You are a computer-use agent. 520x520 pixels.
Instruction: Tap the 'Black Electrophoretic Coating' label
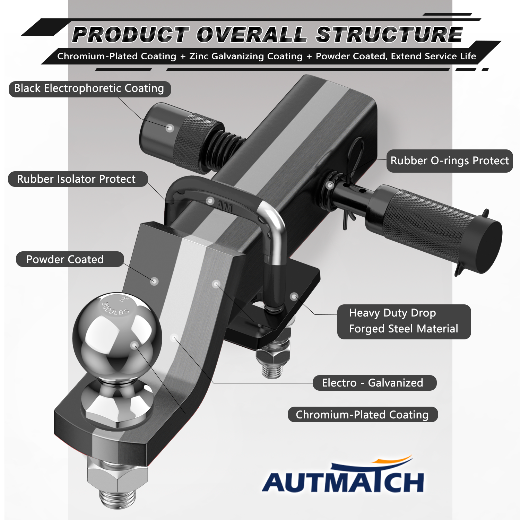click(89, 89)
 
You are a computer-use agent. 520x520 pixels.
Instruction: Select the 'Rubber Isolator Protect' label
click(78, 179)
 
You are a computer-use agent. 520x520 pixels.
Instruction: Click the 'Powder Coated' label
click(70, 259)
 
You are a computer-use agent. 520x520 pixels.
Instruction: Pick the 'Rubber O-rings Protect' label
click(450, 161)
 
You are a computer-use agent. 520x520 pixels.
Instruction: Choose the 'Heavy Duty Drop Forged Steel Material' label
click(404, 321)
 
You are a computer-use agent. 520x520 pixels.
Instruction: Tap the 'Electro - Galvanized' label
click(374, 383)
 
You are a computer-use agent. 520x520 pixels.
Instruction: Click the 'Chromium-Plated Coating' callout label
click(363, 414)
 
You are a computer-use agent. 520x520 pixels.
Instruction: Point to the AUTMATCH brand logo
click(343, 475)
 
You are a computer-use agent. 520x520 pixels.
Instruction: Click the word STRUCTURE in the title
click(389, 35)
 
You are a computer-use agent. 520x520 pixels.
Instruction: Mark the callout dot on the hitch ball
click(135, 345)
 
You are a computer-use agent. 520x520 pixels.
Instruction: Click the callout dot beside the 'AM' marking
click(210, 200)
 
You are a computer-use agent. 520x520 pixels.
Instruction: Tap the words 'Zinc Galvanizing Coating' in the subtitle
click(246, 56)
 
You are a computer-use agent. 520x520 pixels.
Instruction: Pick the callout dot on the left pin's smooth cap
click(170, 128)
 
